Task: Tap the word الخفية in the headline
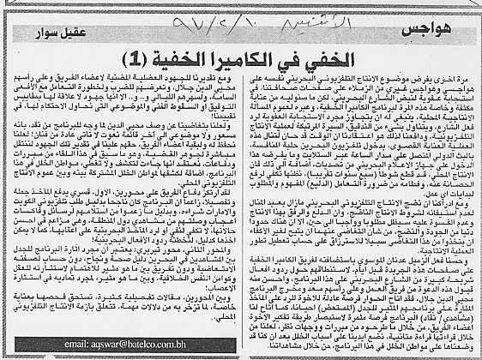click(x=171, y=57)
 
